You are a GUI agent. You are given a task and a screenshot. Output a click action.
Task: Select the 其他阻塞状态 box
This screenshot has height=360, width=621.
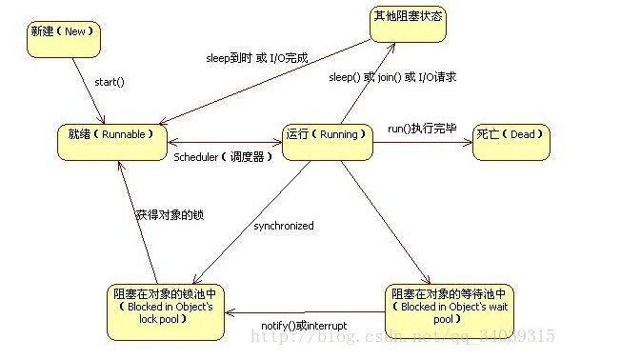click(x=409, y=23)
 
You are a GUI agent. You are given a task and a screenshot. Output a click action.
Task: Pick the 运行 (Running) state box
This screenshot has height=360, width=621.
click(x=325, y=139)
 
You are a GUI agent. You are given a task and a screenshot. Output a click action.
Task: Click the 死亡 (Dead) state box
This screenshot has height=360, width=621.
click(x=511, y=140)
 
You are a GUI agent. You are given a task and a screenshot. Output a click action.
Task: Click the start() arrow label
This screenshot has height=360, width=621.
click(x=110, y=82)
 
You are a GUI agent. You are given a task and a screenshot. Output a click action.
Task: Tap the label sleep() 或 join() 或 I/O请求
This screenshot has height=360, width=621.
click(x=391, y=77)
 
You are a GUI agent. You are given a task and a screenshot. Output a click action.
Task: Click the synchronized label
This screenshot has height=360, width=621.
click(x=283, y=226)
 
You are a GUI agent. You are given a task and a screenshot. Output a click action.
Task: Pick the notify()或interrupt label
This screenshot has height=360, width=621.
click(x=304, y=326)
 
